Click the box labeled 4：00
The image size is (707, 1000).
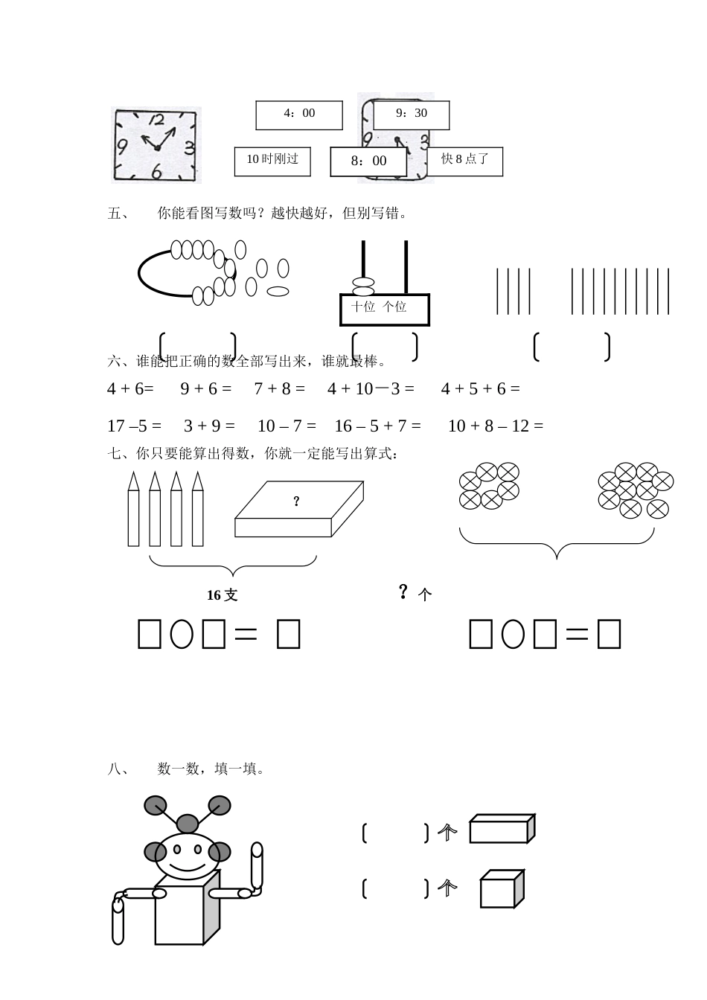(298, 115)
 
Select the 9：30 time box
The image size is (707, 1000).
(412, 115)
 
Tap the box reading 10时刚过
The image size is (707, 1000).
(272, 161)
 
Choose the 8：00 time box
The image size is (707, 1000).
(368, 161)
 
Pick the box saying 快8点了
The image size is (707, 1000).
(465, 161)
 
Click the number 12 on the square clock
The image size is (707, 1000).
(156, 120)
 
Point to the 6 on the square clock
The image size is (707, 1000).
(156, 171)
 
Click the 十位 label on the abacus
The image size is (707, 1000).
(362, 307)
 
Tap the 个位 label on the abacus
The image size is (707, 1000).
(394, 307)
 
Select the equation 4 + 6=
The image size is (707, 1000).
(130, 389)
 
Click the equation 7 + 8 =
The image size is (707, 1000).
(279, 389)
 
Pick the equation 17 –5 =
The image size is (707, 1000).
(134, 426)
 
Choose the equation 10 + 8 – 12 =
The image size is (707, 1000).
(496, 426)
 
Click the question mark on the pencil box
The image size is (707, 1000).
(296, 501)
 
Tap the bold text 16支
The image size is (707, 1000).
(222, 595)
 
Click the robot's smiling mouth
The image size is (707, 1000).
(188, 868)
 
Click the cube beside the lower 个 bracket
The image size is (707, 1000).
(502, 888)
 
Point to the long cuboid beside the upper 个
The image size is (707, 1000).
(502, 829)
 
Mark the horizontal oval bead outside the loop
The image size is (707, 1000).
(278, 292)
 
